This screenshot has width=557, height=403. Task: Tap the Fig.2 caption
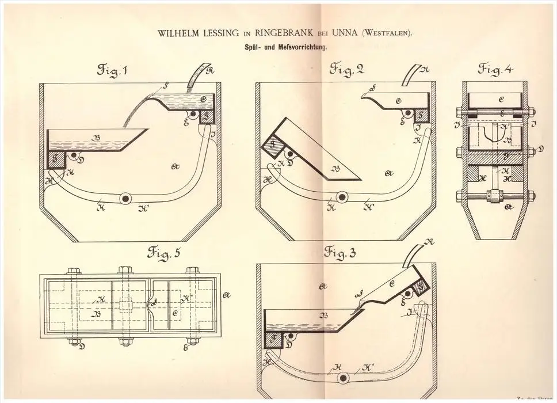pos(347,70)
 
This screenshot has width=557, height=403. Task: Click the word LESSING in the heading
pos(219,33)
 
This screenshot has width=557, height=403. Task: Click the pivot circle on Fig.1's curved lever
pos(124,197)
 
